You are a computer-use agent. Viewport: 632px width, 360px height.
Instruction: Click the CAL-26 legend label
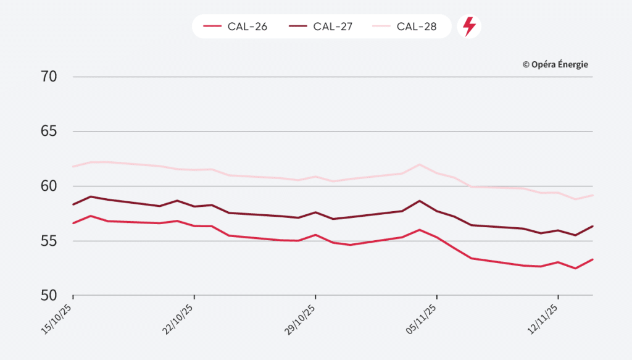click(247, 27)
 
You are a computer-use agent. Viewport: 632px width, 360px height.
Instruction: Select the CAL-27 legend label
click(332, 27)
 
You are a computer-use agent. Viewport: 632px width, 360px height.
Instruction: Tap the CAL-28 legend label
click(417, 27)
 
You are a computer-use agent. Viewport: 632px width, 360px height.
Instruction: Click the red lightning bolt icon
click(469, 27)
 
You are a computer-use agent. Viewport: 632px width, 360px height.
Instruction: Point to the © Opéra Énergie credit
click(555, 64)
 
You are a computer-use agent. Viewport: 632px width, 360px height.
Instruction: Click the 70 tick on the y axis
click(48, 77)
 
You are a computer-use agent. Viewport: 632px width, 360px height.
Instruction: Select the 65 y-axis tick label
click(48, 132)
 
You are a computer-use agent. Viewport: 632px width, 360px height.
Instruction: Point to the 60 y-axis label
click(48, 186)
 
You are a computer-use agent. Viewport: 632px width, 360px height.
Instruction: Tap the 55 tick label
click(48, 240)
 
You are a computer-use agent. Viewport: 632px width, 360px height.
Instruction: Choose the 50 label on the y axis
click(48, 295)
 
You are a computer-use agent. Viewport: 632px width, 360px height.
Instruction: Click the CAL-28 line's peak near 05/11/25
click(420, 164)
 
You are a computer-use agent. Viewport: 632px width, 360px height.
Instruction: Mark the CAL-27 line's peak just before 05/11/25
click(420, 201)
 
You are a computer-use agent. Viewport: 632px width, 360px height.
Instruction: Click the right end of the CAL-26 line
click(592, 259)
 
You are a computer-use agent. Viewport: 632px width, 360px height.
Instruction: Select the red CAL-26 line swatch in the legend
click(212, 27)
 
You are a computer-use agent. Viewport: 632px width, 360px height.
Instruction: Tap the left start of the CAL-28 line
click(73, 167)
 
